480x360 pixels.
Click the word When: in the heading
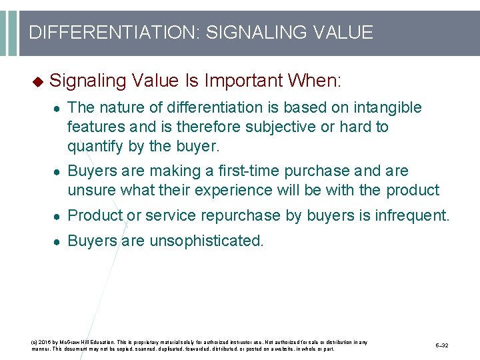point(314,81)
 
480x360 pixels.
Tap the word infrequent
point(413,215)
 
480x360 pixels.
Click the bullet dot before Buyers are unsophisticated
point(58,241)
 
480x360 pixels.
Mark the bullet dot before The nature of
point(58,108)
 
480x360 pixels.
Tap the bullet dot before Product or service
point(58,216)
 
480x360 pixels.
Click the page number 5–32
point(442,346)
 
